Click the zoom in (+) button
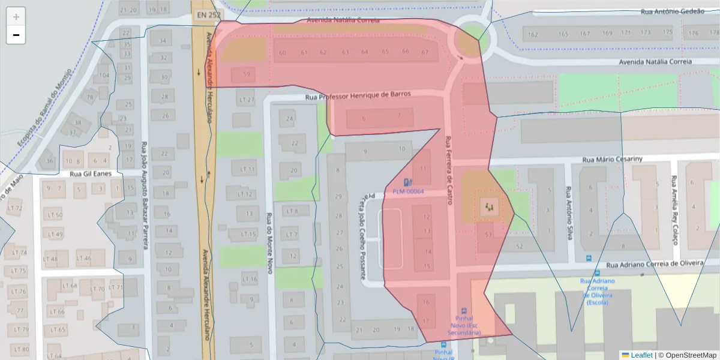tap(16, 17)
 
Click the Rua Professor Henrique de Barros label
tap(358, 95)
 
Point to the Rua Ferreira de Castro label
tap(448, 170)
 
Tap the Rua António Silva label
tap(568, 212)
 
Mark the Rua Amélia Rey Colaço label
tap(674, 210)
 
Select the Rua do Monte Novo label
tap(269, 244)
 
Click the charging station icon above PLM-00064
tap(408, 182)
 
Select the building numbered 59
tap(247, 74)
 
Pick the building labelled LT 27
tap(246, 100)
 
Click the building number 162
tap(533, 34)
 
